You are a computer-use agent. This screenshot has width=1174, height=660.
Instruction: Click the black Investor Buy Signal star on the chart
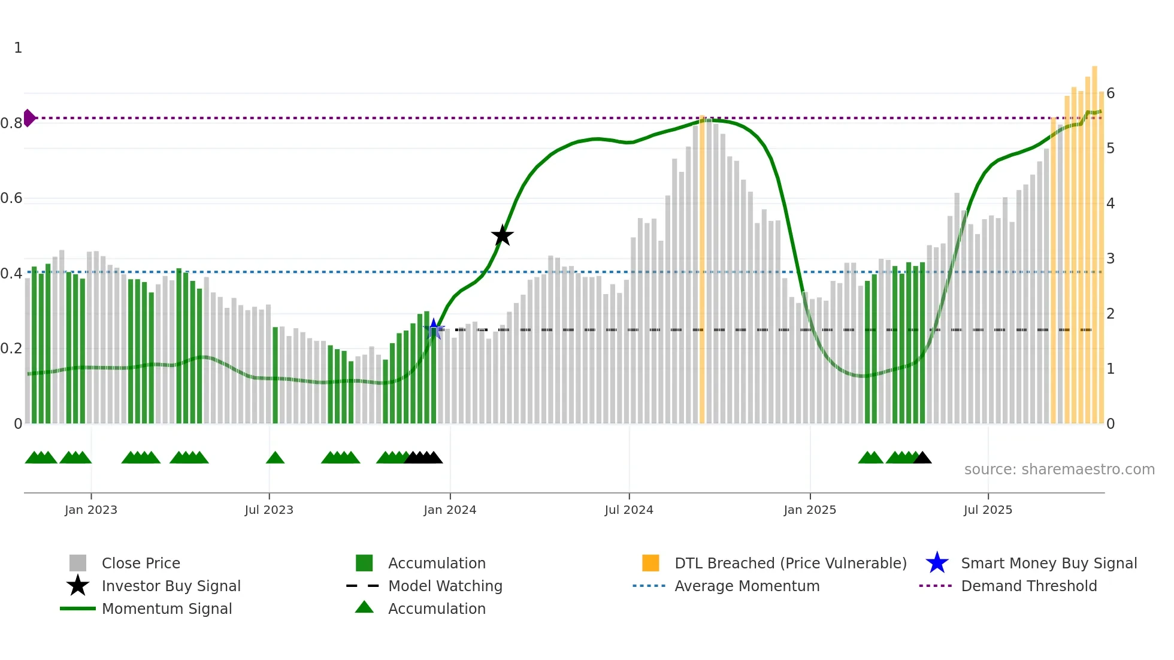point(502,235)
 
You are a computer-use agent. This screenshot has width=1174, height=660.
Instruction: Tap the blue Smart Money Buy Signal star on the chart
point(434,329)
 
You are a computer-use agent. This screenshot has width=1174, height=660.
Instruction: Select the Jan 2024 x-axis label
point(450,510)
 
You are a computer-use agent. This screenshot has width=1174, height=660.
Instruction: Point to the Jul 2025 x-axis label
point(988,510)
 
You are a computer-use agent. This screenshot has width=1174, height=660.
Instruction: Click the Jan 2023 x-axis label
point(91,510)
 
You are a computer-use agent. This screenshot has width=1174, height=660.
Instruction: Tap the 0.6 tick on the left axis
point(12,198)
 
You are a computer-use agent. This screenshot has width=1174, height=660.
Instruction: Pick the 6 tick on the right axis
point(1111,93)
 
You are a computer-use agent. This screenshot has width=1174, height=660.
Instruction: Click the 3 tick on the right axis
point(1111,259)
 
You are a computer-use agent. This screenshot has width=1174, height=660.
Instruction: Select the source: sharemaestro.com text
point(1059,470)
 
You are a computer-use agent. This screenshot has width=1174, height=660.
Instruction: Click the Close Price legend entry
point(140,563)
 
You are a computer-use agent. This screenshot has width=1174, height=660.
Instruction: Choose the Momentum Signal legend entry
point(167,608)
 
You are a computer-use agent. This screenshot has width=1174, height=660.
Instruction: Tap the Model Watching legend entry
point(445,586)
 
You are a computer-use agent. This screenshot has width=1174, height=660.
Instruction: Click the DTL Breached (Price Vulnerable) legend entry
point(790,563)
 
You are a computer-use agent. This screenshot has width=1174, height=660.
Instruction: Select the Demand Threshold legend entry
point(1028,586)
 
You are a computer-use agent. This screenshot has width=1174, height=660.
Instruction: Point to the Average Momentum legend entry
point(746,586)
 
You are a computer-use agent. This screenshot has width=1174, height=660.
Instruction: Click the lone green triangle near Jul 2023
point(275,458)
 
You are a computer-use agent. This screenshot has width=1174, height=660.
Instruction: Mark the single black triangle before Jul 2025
point(922,458)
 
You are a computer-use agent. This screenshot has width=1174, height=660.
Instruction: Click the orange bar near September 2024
point(702,270)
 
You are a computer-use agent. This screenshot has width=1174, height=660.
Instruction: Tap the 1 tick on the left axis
point(18,48)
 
